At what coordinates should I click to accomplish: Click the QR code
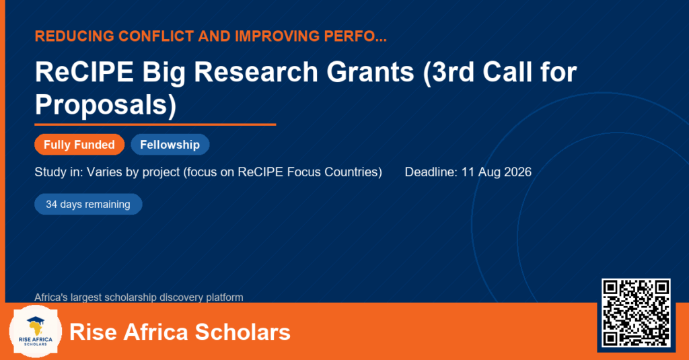pos(636,312)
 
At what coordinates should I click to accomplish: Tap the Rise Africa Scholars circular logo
pos(35,332)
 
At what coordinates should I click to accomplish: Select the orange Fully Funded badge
pos(79,145)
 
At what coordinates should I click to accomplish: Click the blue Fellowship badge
pos(170,145)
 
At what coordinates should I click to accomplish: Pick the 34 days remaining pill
pos(88,205)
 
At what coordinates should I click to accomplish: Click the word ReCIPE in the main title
pos(84,71)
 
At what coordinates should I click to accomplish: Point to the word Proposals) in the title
pos(106,104)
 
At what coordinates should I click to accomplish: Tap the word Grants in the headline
pos(370,71)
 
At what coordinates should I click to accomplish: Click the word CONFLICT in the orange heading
pos(156,36)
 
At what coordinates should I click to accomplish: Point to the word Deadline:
pos(431,172)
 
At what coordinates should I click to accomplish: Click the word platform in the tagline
pos(225,297)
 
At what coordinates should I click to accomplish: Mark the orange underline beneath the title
pos(155,125)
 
